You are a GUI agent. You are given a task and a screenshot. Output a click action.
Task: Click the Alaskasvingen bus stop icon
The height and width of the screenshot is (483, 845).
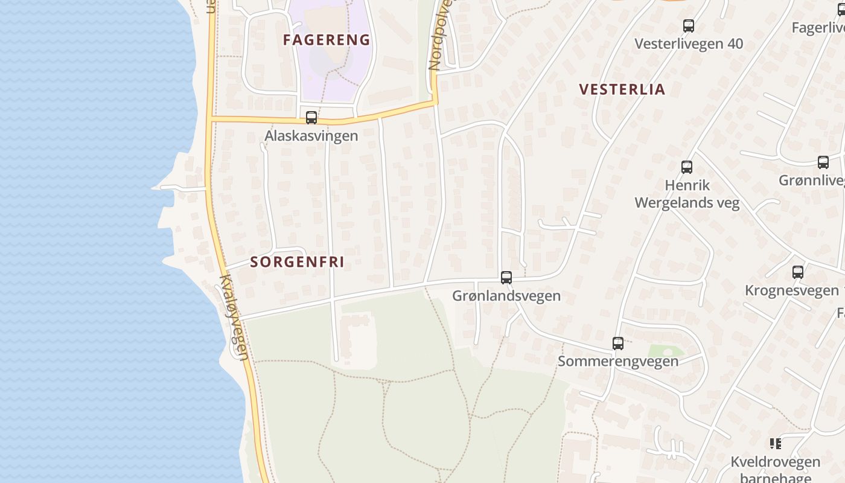(x=311, y=118)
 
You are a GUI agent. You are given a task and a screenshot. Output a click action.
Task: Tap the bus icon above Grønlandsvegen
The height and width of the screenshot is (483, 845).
(x=506, y=278)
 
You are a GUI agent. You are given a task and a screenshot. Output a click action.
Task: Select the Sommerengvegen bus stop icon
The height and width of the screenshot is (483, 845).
(x=618, y=344)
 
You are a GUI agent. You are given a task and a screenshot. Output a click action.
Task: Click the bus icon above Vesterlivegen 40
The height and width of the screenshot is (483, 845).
(x=689, y=26)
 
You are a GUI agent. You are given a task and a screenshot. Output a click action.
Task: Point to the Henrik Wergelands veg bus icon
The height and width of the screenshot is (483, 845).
(x=687, y=167)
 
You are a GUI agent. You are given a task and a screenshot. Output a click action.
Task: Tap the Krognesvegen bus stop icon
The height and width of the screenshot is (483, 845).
(x=798, y=272)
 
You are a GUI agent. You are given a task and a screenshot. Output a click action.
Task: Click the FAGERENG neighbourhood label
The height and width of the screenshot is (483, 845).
(x=327, y=40)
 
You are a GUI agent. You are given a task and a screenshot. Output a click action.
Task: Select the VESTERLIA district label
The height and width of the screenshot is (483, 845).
(x=622, y=89)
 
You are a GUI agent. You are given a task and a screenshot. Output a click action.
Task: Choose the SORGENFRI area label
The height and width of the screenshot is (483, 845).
(x=297, y=262)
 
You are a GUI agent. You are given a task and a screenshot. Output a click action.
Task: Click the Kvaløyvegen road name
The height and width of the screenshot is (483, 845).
(x=234, y=318)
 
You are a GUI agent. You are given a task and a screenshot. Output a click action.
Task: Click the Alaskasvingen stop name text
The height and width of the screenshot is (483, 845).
(x=311, y=136)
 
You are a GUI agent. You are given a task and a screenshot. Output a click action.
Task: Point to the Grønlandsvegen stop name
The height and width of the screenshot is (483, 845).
(x=506, y=296)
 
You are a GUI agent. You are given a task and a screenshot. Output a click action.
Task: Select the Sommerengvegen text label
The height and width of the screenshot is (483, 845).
(x=618, y=361)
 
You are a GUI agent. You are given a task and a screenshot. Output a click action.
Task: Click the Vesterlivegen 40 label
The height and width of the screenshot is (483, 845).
(x=689, y=44)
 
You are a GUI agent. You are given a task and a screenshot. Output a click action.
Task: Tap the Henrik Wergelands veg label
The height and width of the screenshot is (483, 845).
(x=687, y=194)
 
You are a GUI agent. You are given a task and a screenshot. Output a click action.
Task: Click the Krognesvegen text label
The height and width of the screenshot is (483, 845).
(x=792, y=290)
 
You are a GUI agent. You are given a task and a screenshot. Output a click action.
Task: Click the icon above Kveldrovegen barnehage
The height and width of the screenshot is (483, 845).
(x=776, y=444)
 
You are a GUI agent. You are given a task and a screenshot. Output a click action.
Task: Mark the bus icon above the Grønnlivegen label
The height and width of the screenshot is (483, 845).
(x=823, y=162)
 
